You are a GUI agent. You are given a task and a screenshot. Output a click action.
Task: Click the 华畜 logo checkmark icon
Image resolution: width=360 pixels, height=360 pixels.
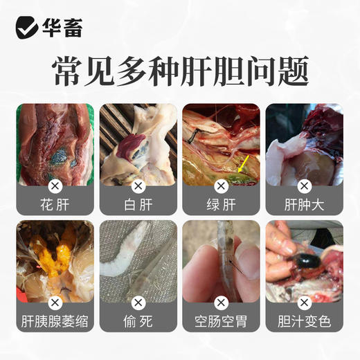point(27,28)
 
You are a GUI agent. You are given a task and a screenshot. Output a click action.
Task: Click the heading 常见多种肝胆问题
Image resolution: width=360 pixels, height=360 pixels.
point(180,71)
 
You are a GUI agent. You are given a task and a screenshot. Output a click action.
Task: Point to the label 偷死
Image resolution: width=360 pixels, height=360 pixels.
point(138,323)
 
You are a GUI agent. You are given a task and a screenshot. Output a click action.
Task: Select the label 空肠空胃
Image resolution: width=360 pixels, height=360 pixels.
point(222,323)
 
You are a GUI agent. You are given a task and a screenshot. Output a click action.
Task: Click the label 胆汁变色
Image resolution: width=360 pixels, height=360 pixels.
point(305,323)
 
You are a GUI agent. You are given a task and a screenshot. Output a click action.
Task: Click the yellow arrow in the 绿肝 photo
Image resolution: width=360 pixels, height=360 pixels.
point(244,163)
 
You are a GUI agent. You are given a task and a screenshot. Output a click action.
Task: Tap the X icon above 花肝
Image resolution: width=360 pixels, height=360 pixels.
point(55,186)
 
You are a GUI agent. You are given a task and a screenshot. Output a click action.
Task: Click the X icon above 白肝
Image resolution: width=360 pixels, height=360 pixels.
point(138,186)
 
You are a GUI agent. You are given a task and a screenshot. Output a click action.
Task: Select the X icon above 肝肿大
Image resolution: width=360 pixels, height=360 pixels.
point(305,186)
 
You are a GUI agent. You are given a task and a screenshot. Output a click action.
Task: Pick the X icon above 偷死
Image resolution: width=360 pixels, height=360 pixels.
point(138,303)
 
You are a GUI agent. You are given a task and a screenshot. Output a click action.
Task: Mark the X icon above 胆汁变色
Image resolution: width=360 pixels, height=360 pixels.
point(305,303)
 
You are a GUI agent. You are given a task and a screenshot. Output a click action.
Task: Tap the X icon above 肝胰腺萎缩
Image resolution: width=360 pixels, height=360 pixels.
point(55,303)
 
